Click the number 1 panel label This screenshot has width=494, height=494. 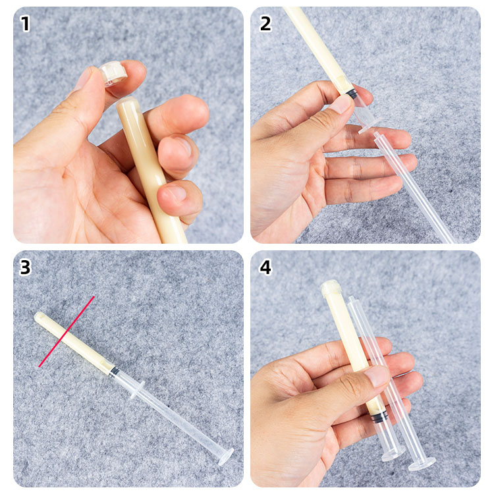[25, 24]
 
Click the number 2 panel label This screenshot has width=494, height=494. [265, 24]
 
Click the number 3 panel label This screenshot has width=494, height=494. [25, 267]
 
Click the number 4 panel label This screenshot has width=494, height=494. [265, 267]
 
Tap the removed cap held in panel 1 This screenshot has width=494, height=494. [113, 74]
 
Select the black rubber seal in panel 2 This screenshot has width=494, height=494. [350, 94]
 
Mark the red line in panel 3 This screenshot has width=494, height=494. [67, 331]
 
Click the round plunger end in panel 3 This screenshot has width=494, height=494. [226, 456]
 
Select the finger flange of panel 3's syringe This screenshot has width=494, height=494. [138, 389]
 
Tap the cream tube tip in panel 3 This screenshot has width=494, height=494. [40, 316]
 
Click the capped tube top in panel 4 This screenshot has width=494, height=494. [331, 287]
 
